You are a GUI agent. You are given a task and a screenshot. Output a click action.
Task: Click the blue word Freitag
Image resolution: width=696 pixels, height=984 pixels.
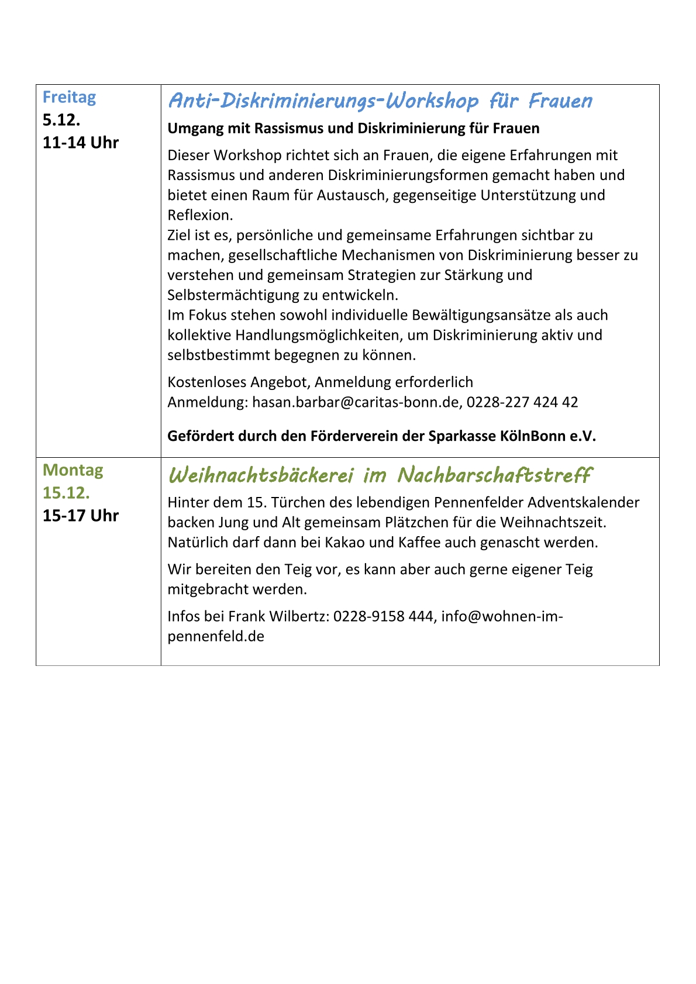[x=69, y=97]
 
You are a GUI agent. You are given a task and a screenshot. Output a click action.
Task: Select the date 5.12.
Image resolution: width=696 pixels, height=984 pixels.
[x=61, y=120]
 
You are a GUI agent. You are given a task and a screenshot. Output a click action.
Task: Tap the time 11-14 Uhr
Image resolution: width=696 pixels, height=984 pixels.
[x=81, y=143]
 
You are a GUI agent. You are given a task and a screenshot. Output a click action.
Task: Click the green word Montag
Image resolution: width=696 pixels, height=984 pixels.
[x=73, y=470]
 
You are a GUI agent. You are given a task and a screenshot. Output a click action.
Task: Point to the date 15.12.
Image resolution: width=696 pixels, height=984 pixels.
[x=66, y=493]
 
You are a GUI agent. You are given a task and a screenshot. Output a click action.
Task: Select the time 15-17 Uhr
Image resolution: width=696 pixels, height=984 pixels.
[x=81, y=516]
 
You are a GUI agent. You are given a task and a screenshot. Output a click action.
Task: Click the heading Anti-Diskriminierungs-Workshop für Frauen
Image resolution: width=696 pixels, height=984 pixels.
[x=380, y=101]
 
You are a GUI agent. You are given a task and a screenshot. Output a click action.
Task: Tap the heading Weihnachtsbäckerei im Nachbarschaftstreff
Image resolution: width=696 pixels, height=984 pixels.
[x=380, y=475]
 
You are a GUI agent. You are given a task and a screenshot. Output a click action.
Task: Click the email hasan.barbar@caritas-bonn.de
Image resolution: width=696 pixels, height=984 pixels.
[x=356, y=402]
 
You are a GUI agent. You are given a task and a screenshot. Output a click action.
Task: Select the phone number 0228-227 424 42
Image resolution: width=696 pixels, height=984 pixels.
[x=522, y=402]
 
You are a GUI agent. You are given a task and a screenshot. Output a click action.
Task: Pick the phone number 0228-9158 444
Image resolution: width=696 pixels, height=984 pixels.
[x=384, y=616]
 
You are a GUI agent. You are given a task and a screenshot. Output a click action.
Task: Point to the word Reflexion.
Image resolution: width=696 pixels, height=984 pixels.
[x=200, y=215]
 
